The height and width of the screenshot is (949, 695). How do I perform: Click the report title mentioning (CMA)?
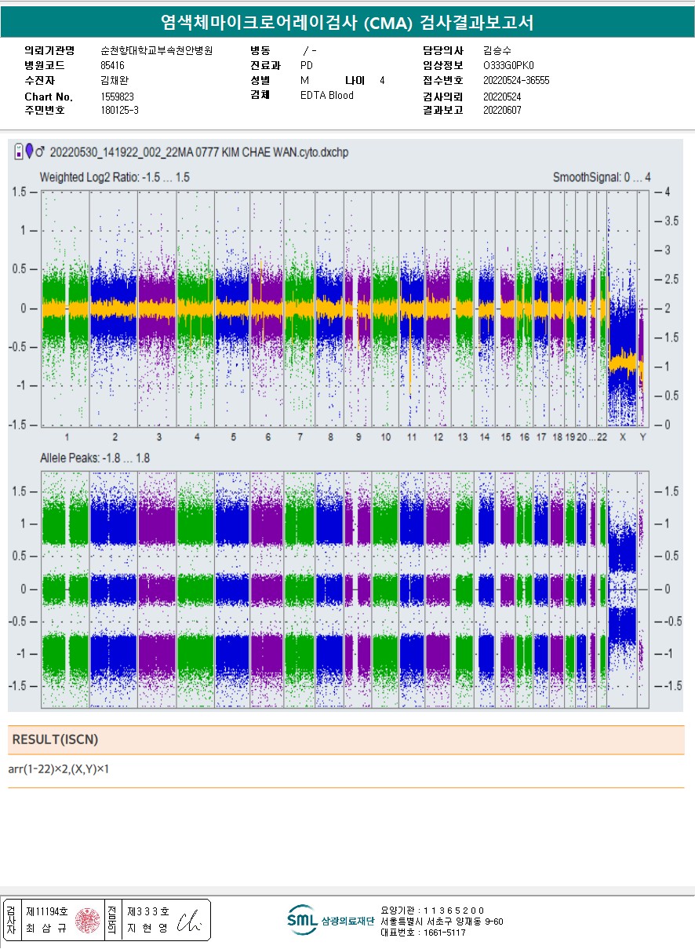click(x=347, y=22)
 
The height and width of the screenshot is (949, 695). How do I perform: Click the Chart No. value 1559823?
click(x=118, y=97)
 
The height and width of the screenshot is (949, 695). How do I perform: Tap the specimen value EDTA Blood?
click(x=326, y=96)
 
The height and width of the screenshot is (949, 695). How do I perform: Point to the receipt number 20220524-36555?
click(x=516, y=81)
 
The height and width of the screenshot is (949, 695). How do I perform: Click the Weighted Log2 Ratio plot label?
click(x=115, y=177)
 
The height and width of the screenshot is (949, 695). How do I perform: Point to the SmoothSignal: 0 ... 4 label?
click(x=601, y=177)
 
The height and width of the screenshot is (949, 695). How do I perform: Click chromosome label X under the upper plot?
click(x=623, y=437)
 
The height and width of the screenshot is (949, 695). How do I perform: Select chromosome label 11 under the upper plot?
click(x=411, y=437)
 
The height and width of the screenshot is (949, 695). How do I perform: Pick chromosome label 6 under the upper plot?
click(x=267, y=437)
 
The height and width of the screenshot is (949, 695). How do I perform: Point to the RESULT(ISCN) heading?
click(x=55, y=739)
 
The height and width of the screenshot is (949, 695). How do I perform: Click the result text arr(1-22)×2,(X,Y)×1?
click(x=58, y=769)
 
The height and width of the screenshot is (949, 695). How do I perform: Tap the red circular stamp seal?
click(x=87, y=920)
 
